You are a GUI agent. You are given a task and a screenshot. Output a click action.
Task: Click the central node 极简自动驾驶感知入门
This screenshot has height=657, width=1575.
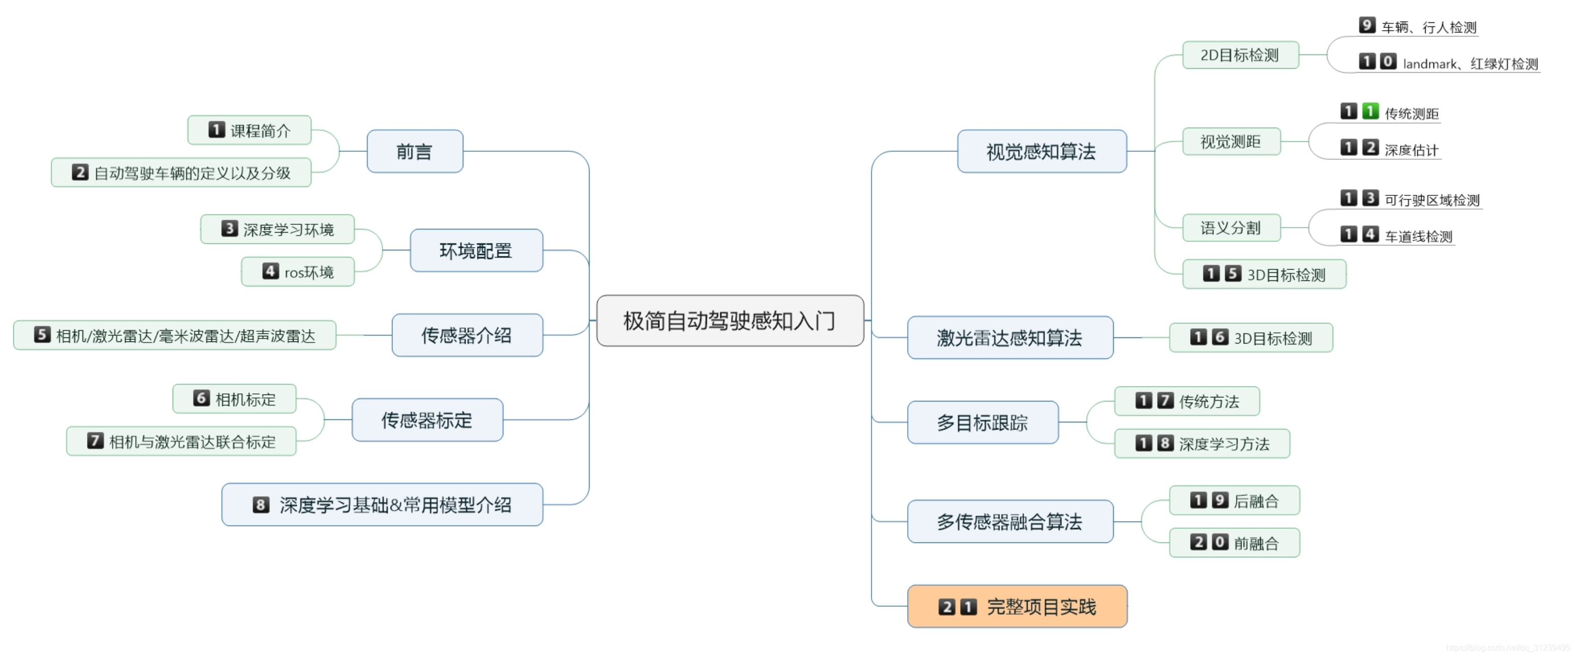click(x=729, y=321)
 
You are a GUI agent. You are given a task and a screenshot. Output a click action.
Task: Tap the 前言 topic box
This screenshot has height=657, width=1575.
click(x=414, y=151)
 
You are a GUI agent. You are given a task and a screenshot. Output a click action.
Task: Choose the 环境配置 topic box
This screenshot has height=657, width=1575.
click(x=475, y=250)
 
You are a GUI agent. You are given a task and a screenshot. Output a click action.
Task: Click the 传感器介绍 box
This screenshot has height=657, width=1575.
click(x=466, y=335)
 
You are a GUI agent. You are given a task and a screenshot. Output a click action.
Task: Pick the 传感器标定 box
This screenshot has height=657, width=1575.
click(x=427, y=420)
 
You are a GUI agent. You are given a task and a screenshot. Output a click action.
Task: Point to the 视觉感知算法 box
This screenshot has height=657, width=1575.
click(x=1041, y=151)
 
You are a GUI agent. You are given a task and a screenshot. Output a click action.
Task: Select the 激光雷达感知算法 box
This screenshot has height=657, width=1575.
click(x=1009, y=337)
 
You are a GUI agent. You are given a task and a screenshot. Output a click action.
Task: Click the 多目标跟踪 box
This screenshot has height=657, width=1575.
click(x=982, y=422)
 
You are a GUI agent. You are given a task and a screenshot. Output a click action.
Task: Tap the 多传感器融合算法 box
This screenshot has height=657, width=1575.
click(x=1009, y=521)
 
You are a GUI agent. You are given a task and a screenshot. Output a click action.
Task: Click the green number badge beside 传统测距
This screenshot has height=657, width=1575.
click(x=1370, y=111)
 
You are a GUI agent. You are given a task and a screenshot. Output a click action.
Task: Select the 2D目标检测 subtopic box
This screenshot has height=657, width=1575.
click(x=1240, y=55)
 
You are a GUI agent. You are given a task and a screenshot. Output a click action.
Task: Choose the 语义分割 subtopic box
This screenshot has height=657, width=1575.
click(x=1230, y=228)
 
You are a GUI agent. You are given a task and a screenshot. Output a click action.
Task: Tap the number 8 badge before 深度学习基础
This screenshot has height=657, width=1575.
click(x=261, y=505)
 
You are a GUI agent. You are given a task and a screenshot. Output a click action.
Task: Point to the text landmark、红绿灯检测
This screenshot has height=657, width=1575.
click(x=1470, y=64)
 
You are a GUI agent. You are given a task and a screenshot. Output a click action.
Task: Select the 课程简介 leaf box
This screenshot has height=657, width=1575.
click(x=249, y=130)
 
